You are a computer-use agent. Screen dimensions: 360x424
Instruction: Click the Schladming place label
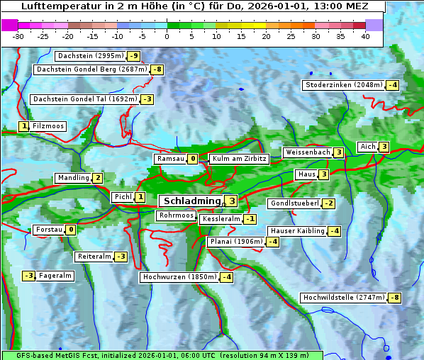[189, 201]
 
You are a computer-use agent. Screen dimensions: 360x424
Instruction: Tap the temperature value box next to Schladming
[232, 201]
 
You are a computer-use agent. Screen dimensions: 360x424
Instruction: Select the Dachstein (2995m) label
[90, 56]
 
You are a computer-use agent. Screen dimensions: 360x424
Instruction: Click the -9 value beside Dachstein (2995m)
[133, 56]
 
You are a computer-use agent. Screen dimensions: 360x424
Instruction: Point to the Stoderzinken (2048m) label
[343, 85]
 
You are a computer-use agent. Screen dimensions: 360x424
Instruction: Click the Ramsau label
[170, 159]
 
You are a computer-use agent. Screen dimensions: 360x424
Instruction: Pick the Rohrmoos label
[176, 215]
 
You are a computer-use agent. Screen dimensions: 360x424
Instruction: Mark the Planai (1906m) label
[236, 242]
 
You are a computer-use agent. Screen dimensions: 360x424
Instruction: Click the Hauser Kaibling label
[297, 231]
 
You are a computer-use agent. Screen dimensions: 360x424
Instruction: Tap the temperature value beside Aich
[384, 147]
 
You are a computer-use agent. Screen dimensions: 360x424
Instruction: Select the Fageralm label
[55, 276]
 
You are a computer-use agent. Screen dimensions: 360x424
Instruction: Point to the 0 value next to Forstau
[71, 230]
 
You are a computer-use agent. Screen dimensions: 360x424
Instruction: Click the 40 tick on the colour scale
[365, 36]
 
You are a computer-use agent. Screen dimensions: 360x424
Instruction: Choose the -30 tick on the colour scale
[18, 36]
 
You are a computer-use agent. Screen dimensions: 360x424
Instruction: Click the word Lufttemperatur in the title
[55, 6]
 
